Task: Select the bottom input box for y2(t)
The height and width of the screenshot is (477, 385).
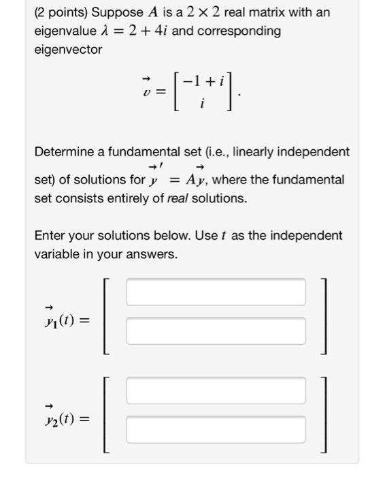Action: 215,430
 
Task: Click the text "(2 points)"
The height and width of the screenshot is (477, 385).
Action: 61,13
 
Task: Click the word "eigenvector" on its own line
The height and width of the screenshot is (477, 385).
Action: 68,50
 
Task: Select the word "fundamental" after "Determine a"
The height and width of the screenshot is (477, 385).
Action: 144,151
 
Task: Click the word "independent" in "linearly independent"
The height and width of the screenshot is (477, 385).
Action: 312,151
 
